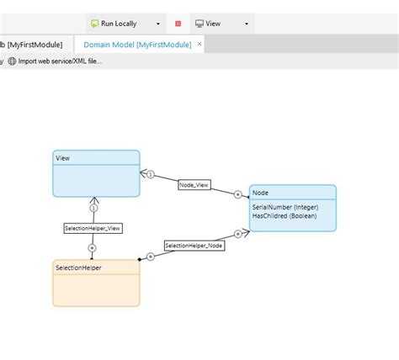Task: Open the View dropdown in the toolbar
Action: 221,24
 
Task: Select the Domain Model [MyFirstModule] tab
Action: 137,45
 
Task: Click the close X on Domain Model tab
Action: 199,44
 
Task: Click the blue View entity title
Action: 63,158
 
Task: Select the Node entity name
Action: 260,193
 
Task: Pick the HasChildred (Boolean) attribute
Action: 285,216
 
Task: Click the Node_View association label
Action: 194,185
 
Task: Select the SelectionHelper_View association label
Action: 93,227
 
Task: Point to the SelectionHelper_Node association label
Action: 194,246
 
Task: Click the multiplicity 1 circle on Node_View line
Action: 150,175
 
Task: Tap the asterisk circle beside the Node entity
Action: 238,194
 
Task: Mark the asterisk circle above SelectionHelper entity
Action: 92,248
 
